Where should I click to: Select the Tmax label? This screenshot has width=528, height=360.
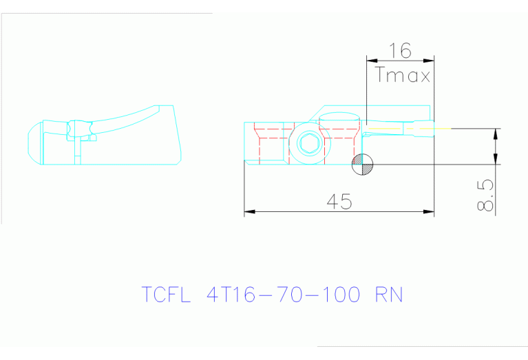(x=403, y=75)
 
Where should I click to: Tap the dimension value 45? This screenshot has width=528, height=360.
(x=339, y=202)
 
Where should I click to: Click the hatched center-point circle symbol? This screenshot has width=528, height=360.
(x=362, y=164)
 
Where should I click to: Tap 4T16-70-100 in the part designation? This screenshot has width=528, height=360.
(x=283, y=295)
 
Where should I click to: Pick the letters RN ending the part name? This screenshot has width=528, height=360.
(x=388, y=295)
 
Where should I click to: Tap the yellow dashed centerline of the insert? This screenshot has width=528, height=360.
(x=413, y=128)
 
